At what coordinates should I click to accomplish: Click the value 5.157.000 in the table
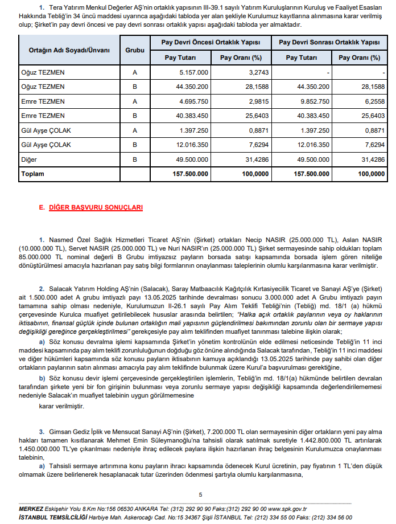tap(193, 72)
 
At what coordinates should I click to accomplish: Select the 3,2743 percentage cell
tap(249, 72)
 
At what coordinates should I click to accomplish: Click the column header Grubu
tap(135, 50)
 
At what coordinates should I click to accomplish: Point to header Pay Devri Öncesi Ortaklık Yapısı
tap(211, 43)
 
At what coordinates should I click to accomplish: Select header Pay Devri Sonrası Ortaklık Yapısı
tap(333, 43)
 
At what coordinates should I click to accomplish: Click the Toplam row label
tap(34, 174)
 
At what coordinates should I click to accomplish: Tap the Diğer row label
tap(29, 159)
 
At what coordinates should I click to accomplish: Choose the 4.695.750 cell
tap(193, 101)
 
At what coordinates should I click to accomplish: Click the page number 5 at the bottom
tap(200, 494)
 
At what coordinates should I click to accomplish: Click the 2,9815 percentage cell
tap(249, 101)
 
